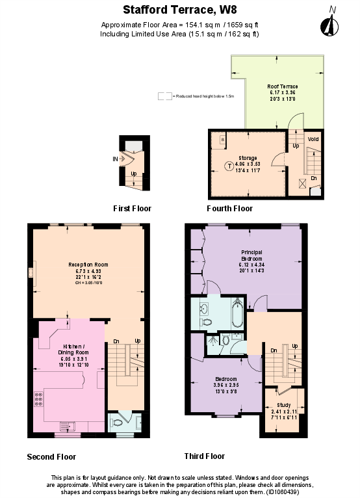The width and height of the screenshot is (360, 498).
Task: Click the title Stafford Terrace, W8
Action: [179, 10]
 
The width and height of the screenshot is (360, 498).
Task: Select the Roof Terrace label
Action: [283, 86]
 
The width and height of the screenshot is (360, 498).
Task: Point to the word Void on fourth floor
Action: [313, 139]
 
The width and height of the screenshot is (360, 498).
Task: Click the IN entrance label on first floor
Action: [115, 158]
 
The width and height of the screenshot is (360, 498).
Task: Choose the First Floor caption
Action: [132, 209]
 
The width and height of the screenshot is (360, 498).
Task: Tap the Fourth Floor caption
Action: [229, 209]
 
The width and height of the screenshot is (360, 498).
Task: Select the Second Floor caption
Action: [51, 456]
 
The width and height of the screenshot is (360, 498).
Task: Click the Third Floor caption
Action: [204, 456]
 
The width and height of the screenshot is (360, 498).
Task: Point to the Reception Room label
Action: [88, 265]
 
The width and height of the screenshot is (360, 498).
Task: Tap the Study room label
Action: [283, 404]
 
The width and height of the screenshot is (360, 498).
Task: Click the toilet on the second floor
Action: [117, 422]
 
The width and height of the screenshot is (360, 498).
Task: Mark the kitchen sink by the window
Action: [68, 426]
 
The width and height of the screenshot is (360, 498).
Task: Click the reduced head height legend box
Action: [165, 96]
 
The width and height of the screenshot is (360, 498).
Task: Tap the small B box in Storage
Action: [222, 139]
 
